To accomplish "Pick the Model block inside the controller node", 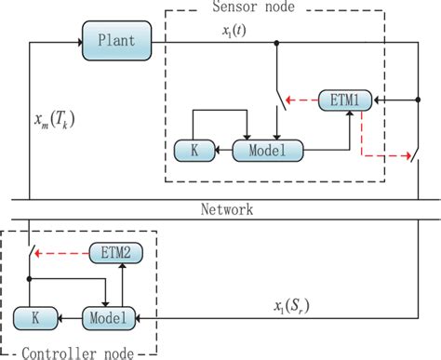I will [x=108, y=317].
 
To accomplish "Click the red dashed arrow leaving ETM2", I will [x=65, y=251].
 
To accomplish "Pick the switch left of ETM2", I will [x=32, y=253].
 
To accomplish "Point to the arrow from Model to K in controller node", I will [x=66, y=317].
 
